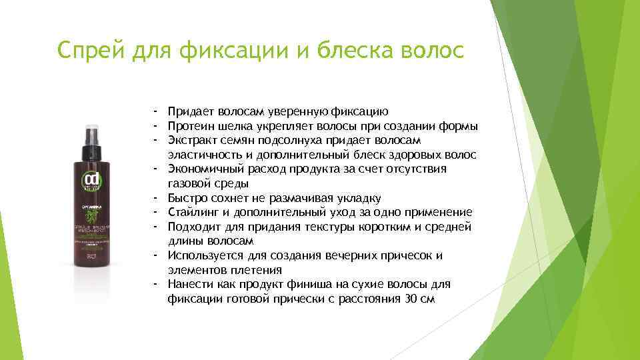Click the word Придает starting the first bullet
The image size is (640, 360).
click(x=190, y=111)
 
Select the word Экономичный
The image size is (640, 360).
click(x=201, y=169)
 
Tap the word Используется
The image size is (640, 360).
click(x=203, y=256)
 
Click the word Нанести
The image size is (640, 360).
click(x=190, y=285)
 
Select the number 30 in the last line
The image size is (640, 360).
click(x=411, y=299)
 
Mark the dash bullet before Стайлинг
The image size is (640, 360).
click(x=153, y=213)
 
